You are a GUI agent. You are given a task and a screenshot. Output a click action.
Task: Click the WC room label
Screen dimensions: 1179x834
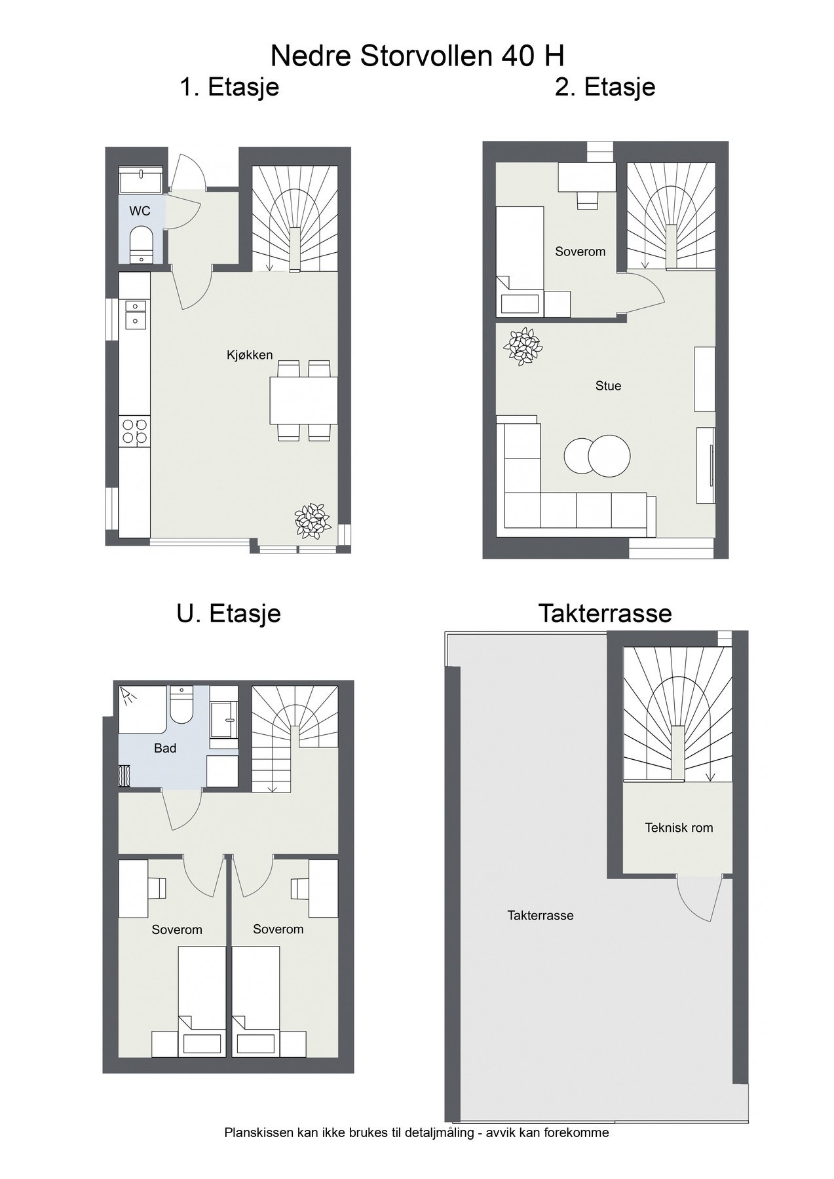coord(140,211)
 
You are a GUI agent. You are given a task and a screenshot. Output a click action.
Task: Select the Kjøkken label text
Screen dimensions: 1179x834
coord(250,355)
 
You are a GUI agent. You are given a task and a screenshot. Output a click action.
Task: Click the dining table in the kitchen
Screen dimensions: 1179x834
coord(303,400)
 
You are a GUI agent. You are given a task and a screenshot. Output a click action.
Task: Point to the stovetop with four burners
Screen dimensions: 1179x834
coord(134,431)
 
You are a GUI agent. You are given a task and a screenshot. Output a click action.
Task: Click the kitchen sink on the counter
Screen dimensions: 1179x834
coord(135,313)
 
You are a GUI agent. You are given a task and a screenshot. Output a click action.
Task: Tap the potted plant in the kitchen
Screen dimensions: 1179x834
coord(312,521)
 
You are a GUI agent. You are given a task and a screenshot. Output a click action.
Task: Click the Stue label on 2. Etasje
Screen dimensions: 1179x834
coord(608,386)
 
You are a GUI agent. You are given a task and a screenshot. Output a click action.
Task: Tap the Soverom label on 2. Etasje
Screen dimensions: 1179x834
coord(580,252)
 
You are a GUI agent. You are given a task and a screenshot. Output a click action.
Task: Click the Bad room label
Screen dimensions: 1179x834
coord(165,748)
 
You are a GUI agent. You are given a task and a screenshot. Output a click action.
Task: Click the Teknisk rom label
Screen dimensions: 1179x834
coord(679,827)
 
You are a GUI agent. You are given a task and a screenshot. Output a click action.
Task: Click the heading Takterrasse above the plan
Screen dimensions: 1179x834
coord(605,613)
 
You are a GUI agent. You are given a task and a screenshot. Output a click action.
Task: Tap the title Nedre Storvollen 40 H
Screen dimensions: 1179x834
coord(417,56)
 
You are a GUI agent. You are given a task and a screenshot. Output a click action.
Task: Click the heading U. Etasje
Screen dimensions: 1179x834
coord(229,613)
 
